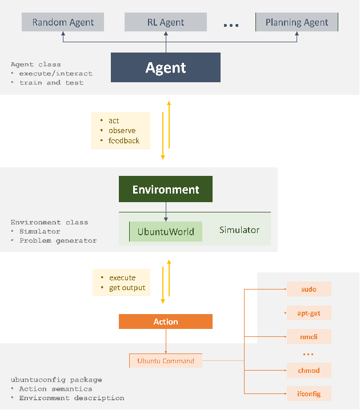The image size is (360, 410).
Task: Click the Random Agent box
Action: point(63,23)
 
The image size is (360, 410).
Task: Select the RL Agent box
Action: point(166,23)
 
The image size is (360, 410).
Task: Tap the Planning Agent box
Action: point(297,23)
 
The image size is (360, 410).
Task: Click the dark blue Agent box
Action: point(166,67)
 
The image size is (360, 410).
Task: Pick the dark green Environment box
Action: point(166,189)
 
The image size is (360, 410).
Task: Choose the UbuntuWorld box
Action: point(166,232)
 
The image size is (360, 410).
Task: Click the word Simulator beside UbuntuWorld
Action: point(239,230)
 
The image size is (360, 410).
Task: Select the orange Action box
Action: point(166,321)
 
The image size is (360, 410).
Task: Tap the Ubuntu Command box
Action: point(166,361)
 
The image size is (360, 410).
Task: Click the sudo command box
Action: point(309,290)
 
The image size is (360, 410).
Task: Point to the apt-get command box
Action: point(309,313)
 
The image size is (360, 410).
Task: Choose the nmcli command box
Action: point(309,337)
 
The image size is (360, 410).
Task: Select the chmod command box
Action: point(309,371)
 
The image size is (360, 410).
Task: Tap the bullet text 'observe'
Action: point(122,131)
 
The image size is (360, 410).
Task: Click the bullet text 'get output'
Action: point(127,288)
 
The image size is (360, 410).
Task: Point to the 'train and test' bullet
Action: point(51,83)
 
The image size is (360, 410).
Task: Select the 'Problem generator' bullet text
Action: point(58,241)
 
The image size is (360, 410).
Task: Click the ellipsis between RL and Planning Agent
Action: point(231,25)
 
